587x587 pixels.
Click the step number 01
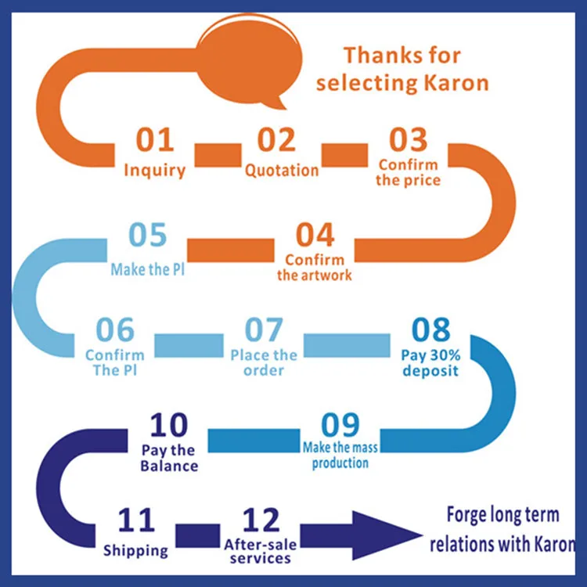pos(154,141)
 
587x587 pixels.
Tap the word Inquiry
pos(154,170)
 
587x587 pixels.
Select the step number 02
pos(277,141)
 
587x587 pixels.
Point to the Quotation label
pos(282,170)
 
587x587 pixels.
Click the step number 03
pos(409,141)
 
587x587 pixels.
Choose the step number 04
pos(315,236)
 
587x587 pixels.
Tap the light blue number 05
pos(148,236)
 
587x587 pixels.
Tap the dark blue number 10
pos(169,426)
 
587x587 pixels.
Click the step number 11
pos(135,520)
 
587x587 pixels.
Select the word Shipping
pos(135,550)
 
